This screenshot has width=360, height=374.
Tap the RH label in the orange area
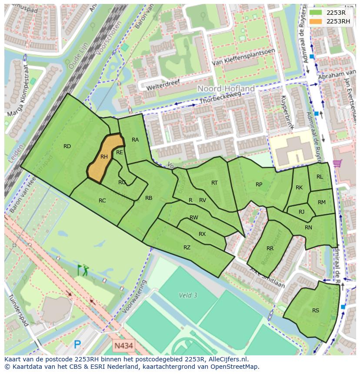[x=104, y=157]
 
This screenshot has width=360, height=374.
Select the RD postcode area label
[x=67, y=146]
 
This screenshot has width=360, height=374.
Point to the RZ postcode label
[x=187, y=248]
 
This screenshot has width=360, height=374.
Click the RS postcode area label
[x=316, y=311]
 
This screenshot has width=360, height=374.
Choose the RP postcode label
[x=259, y=185]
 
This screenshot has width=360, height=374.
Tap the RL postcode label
[x=320, y=177]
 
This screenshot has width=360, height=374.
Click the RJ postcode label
[x=302, y=212]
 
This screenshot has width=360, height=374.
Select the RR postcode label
[x=270, y=248]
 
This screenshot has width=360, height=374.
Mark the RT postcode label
[x=214, y=183]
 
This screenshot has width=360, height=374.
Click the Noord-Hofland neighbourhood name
[x=226, y=89]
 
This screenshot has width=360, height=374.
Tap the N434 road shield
[x=124, y=346]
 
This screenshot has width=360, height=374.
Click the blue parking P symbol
[x=77, y=345]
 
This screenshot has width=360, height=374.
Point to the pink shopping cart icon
[x=337, y=164]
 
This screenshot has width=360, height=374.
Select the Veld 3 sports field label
[x=188, y=295]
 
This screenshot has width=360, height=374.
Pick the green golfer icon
[x=83, y=270]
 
